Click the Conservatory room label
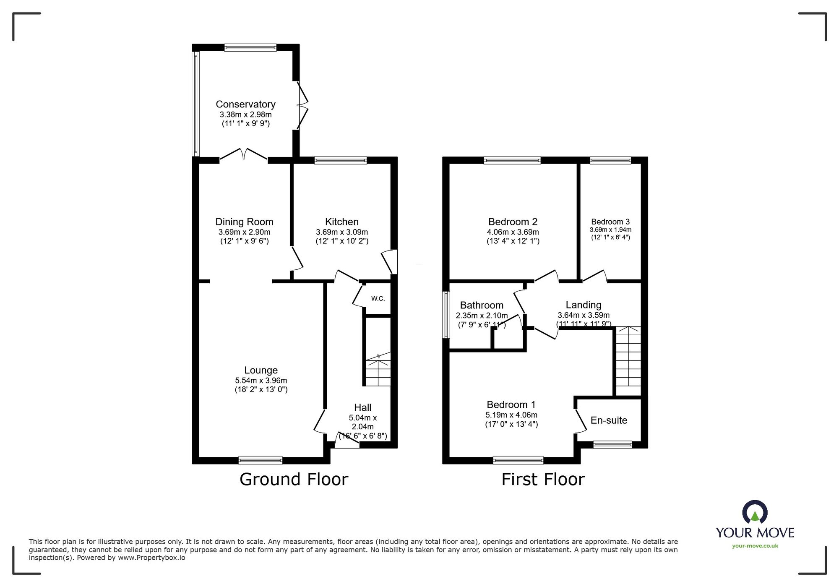(x=245, y=104)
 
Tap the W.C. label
(x=378, y=299)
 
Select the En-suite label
(x=609, y=420)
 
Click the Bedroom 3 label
(x=610, y=222)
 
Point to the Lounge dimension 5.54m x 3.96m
(x=261, y=381)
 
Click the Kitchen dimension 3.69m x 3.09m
(x=341, y=232)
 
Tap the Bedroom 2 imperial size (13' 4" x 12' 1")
(x=513, y=241)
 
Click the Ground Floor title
(x=294, y=479)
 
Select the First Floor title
(x=543, y=479)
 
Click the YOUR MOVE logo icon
(x=755, y=512)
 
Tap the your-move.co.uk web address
(x=755, y=546)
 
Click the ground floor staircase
(x=378, y=371)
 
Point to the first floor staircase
(x=628, y=361)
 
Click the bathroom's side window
(x=446, y=315)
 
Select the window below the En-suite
(x=612, y=445)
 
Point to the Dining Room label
(x=244, y=222)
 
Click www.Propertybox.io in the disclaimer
(x=151, y=558)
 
